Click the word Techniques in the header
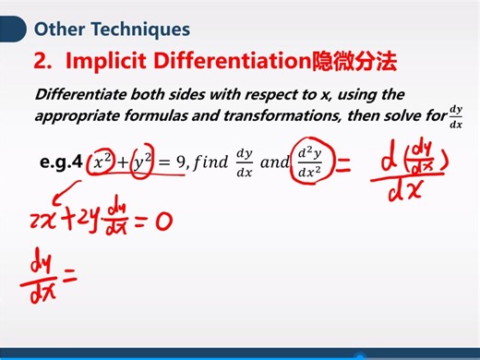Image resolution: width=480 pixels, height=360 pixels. [x=139, y=30]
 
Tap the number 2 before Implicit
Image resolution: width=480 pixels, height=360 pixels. [x=42, y=63]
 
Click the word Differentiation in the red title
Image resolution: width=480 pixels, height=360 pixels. [x=229, y=63]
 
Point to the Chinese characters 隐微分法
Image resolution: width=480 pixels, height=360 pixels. [x=354, y=63]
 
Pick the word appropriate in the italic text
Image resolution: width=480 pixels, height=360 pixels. [x=79, y=117]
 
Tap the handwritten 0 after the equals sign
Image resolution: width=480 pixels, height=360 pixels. [x=164, y=221]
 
